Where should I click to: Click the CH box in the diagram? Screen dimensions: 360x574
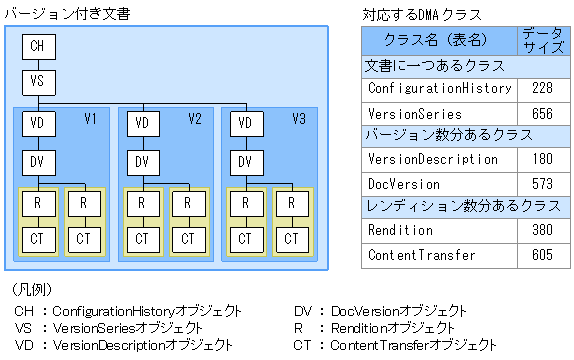click(x=37, y=46)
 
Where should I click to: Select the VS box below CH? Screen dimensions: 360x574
click(x=37, y=81)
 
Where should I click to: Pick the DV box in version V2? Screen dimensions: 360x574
click(x=142, y=162)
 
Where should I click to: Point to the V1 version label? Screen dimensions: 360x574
click(x=90, y=120)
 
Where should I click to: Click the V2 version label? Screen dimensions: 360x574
click(x=195, y=120)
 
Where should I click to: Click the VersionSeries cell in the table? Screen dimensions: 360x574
click(x=415, y=113)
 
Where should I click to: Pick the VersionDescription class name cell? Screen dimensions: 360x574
click(x=433, y=159)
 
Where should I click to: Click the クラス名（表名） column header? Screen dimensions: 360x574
click(x=438, y=41)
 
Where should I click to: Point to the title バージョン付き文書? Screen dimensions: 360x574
click(x=67, y=13)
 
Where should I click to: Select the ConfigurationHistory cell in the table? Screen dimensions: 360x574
click(x=440, y=88)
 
